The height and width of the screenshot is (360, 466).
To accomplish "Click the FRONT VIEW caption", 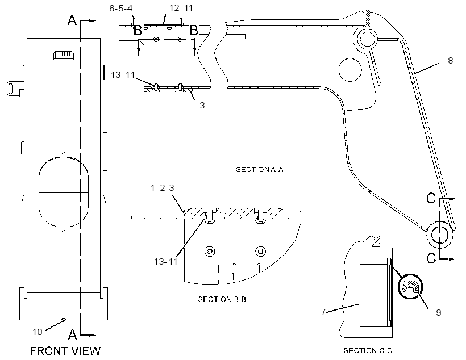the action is point(65,351).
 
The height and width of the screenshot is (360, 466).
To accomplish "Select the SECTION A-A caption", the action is point(260,170).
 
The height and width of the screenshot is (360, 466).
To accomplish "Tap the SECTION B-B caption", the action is point(222,299).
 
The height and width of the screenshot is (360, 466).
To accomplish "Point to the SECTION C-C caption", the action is point(368,351).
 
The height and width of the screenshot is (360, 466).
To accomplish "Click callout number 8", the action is point(451,61).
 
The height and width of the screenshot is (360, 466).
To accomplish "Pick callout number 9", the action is point(438,312).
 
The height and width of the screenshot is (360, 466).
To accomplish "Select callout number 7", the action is point(323,312).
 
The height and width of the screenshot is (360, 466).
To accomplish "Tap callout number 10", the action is point(38,332).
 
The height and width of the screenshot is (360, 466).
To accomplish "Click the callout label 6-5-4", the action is point(120,9).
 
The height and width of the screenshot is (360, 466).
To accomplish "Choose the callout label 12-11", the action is point(181,8).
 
